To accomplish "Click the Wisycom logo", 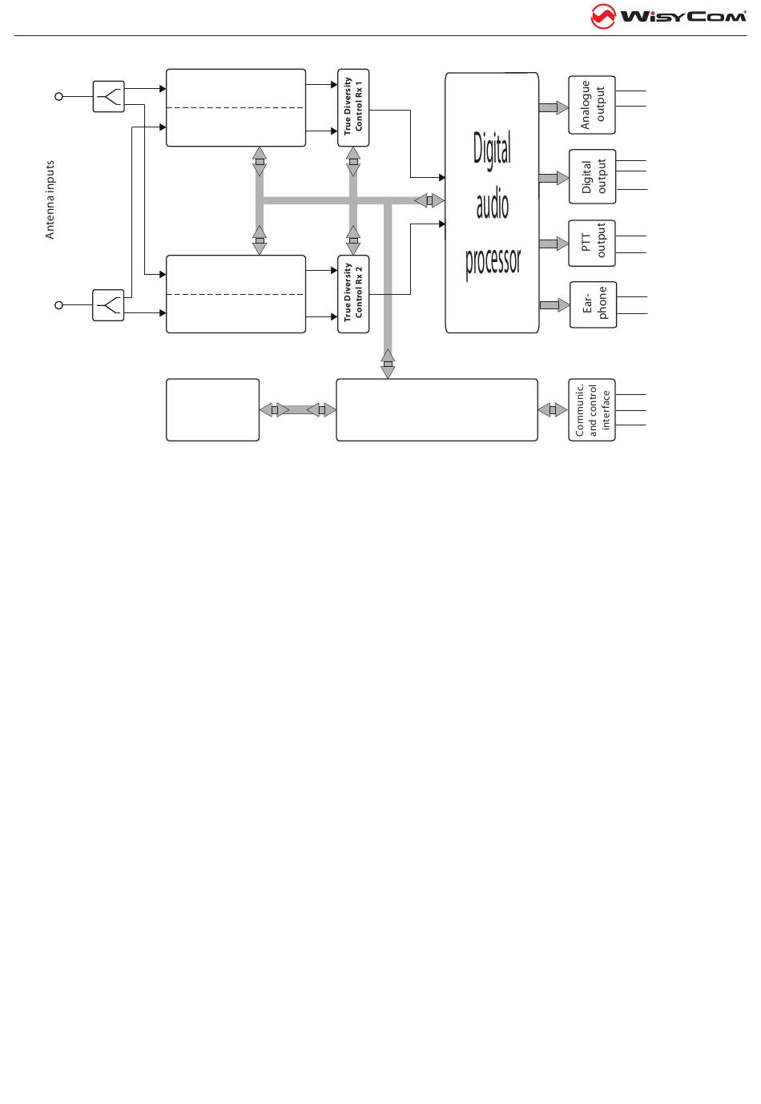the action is (x=668, y=16).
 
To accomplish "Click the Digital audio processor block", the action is (x=492, y=203).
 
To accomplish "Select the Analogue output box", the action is (x=592, y=105).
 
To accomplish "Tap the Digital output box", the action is (x=592, y=177).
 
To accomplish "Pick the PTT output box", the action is (x=592, y=244).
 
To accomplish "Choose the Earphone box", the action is (x=592, y=304).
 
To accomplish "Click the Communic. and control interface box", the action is (x=592, y=410).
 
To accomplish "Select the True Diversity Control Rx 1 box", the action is (x=353, y=108).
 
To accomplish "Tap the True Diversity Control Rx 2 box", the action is (x=353, y=294).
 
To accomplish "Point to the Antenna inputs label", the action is (x=50, y=199).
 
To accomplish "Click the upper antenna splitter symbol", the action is (x=108, y=96).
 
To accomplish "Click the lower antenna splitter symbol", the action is (x=108, y=305).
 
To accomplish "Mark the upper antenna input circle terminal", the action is (x=58, y=96).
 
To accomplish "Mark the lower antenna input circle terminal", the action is (x=58, y=305).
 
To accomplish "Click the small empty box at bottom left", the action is (x=212, y=410).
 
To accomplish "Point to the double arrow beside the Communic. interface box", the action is (x=553, y=410).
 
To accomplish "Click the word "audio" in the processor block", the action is (x=492, y=206).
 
